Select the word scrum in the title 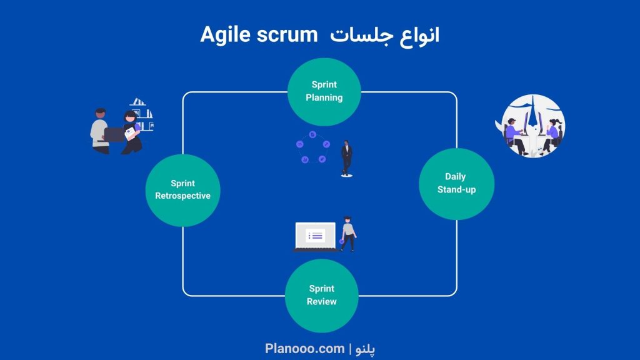click(287, 35)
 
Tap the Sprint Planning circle click(324, 91)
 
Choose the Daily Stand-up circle click(456, 184)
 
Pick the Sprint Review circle click(322, 296)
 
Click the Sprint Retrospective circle click(183, 190)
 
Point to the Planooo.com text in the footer click(304, 349)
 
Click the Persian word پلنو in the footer click(365, 349)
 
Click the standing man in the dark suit click(346, 159)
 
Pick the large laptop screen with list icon click(316, 236)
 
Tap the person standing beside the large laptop click(348, 234)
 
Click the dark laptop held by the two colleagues click(114, 135)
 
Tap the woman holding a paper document click(132, 132)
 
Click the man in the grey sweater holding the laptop click(100, 131)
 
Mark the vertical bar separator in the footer click(350, 349)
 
